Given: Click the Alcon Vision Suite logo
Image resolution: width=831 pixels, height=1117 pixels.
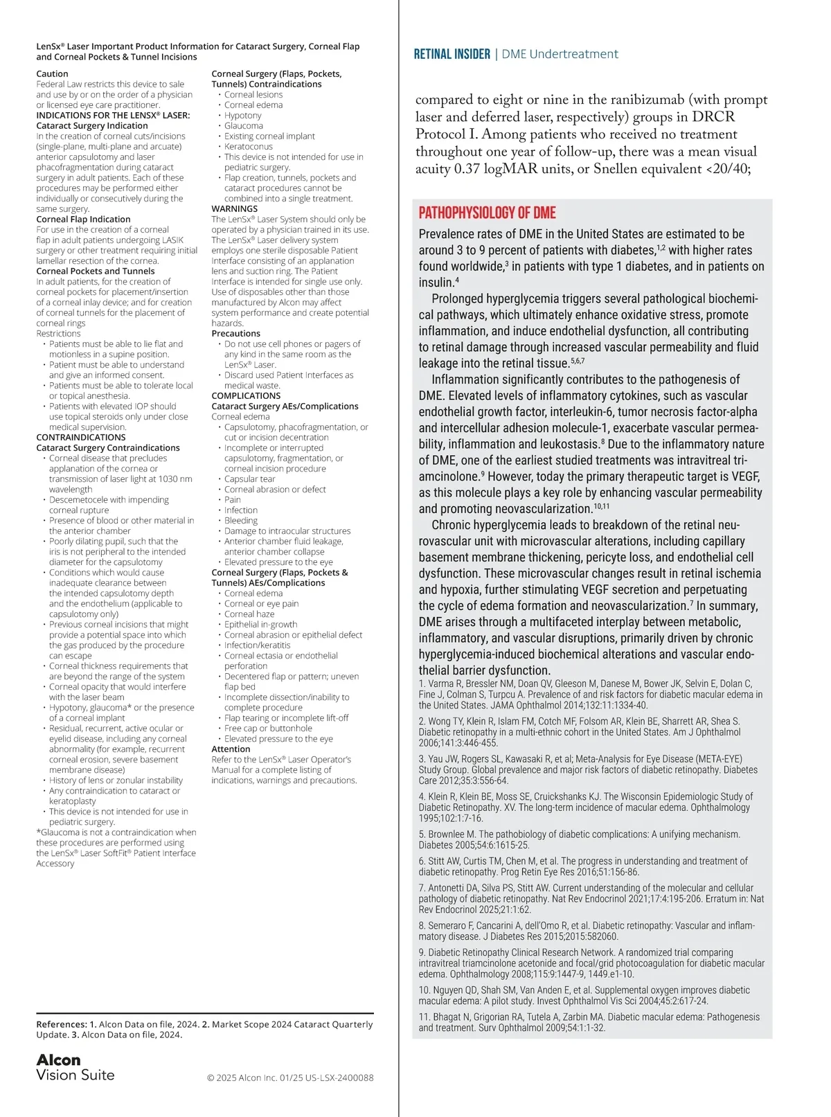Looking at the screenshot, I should tap(75, 1067).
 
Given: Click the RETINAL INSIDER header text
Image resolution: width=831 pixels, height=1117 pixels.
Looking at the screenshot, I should tap(452, 54).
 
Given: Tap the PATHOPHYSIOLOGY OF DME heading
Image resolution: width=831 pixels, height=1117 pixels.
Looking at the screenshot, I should tap(487, 213).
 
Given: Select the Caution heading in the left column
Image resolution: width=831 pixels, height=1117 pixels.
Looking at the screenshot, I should tap(52, 74).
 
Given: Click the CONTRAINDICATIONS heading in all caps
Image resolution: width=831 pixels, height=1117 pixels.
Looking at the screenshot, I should tap(80, 438).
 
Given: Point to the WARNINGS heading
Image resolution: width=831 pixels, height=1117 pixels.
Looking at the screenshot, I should tap(234, 209).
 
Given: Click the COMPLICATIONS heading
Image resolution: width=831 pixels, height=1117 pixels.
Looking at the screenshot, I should tap(246, 396).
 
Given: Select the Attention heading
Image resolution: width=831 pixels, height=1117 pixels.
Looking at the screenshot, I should tap(231, 749).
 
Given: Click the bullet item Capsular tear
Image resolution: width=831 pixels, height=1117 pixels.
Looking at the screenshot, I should tap(249, 479).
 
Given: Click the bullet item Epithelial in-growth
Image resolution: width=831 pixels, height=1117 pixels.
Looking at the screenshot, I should tap(260, 625).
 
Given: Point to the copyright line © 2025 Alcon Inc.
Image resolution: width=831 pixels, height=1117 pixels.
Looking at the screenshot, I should tap(290, 1078).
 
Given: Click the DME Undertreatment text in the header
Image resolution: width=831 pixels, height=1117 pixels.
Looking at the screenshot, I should tap(560, 54).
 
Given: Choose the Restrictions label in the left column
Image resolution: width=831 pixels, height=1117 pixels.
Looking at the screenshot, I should tap(58, 334).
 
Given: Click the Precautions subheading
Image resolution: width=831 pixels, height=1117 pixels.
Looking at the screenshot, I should tap(235, 334).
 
